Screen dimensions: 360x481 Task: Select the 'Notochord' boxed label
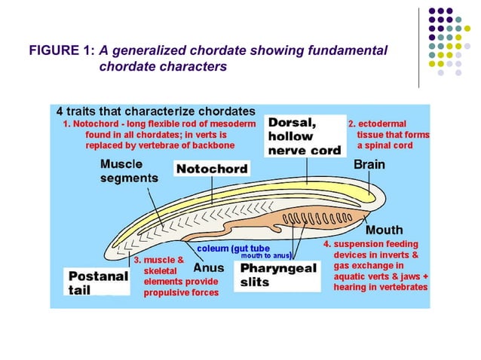(x=212, y=169)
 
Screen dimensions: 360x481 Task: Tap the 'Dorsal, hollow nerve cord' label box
(x=305, y=136)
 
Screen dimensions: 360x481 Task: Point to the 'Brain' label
(x=369, y=164)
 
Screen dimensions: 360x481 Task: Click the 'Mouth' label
(x=384, y=230)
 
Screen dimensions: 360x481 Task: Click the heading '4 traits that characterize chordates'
(x=155, y=111)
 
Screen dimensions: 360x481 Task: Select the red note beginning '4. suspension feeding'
(x=375, y=266)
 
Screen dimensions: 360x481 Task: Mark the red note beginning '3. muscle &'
(x=176, y=276)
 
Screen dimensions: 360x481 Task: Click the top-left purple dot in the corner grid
(x=433, y=11)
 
